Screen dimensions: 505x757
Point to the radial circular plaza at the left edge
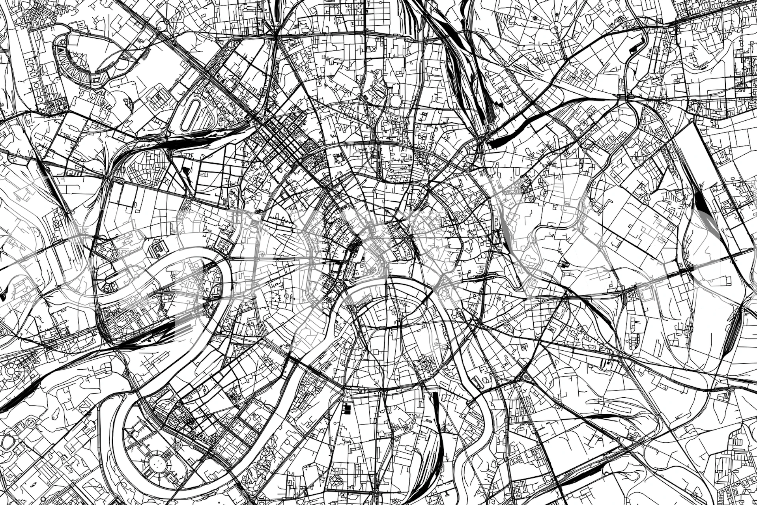click(11, 371)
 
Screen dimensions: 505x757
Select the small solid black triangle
click(185, 171)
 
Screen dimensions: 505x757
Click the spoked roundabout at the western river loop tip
click(106, 288)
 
